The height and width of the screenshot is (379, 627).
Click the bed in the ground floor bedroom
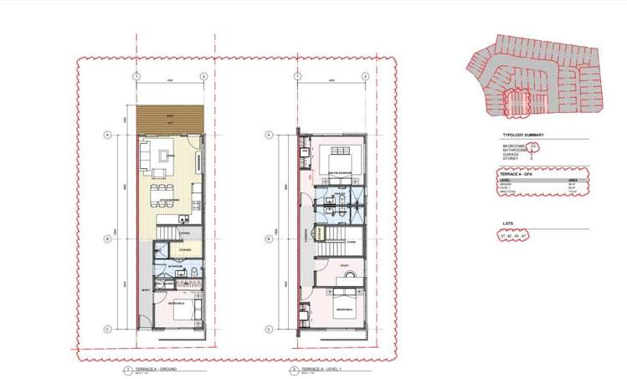pos(185,310)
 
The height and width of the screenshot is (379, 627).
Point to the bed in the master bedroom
pos(338,159)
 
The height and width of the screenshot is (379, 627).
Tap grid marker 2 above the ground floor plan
pos(203,76)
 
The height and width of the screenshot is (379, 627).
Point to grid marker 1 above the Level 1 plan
pos(297,76)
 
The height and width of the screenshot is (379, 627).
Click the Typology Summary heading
pos(522,134)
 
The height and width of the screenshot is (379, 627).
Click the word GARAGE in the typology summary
pos(510,154)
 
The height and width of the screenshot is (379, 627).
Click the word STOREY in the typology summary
pos(510,159)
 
